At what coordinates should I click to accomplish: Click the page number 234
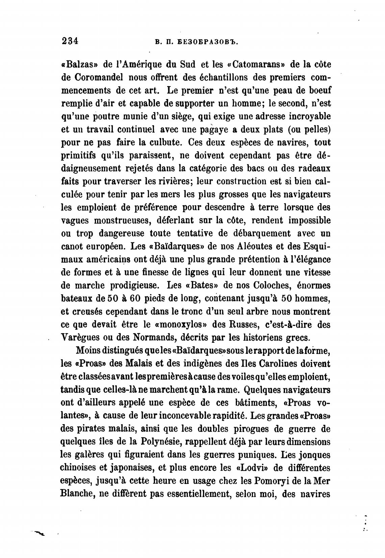70,41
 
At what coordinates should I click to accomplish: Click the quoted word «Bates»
202,285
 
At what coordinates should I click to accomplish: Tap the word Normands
151,337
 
